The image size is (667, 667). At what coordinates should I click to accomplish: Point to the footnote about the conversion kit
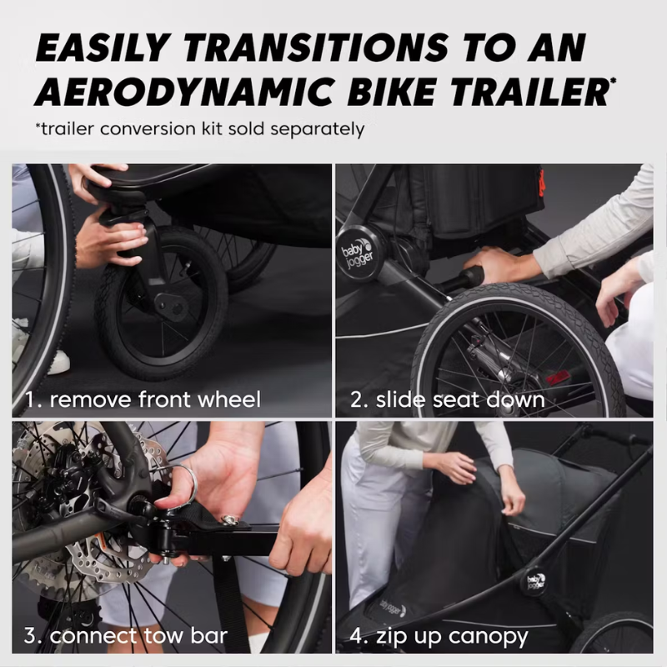pos(200,129)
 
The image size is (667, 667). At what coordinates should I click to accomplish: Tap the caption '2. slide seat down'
pos(447,399)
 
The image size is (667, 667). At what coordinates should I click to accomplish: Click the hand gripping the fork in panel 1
pos(108,242)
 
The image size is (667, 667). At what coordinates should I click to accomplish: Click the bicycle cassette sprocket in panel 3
pos(33,575)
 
